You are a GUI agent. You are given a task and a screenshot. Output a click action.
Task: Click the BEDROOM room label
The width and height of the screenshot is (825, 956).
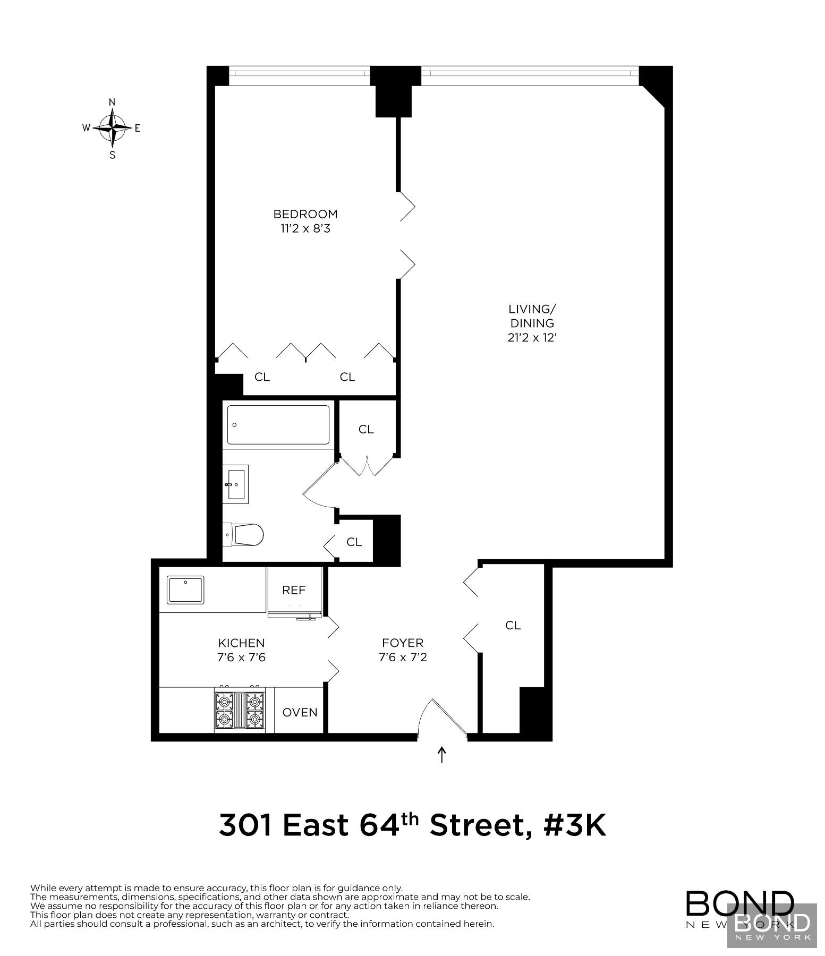click(x=305, y=214)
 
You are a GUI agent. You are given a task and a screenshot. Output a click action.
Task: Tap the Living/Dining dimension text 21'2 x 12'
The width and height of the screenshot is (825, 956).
click(x=532, y=337)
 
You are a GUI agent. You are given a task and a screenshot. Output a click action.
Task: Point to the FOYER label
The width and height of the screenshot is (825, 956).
click(x=403, y=643)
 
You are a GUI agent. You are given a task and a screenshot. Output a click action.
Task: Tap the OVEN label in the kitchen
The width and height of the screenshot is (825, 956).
click(x=300, y=712)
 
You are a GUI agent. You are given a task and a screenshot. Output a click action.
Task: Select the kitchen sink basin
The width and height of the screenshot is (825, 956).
click(x=186, y=590)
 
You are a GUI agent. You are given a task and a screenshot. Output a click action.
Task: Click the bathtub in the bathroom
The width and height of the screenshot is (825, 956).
click(x=278, y=425)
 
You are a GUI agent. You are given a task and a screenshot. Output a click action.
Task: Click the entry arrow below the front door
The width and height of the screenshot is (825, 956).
click(x=441, y=755)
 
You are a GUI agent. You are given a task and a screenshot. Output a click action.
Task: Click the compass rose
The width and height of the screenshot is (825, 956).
click(x=113, y=128)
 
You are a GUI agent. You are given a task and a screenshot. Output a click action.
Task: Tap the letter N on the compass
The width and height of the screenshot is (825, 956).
click(x=112, y=102)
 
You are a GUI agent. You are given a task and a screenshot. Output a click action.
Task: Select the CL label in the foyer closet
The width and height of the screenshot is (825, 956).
click(x=513, y=626)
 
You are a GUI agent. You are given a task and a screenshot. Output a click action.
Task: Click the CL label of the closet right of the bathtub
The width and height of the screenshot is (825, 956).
click(x=366, y=429)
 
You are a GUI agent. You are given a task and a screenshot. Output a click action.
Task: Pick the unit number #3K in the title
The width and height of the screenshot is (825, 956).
click(x=575, y=825)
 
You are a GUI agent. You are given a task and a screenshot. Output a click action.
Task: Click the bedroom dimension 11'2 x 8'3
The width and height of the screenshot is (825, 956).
click(x=305, y=229)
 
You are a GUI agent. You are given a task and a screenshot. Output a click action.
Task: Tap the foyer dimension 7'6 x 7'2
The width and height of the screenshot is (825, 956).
click(x=403, y=658)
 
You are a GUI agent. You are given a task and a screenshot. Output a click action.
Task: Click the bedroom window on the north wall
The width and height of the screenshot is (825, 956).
click(x=299, y=75)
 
